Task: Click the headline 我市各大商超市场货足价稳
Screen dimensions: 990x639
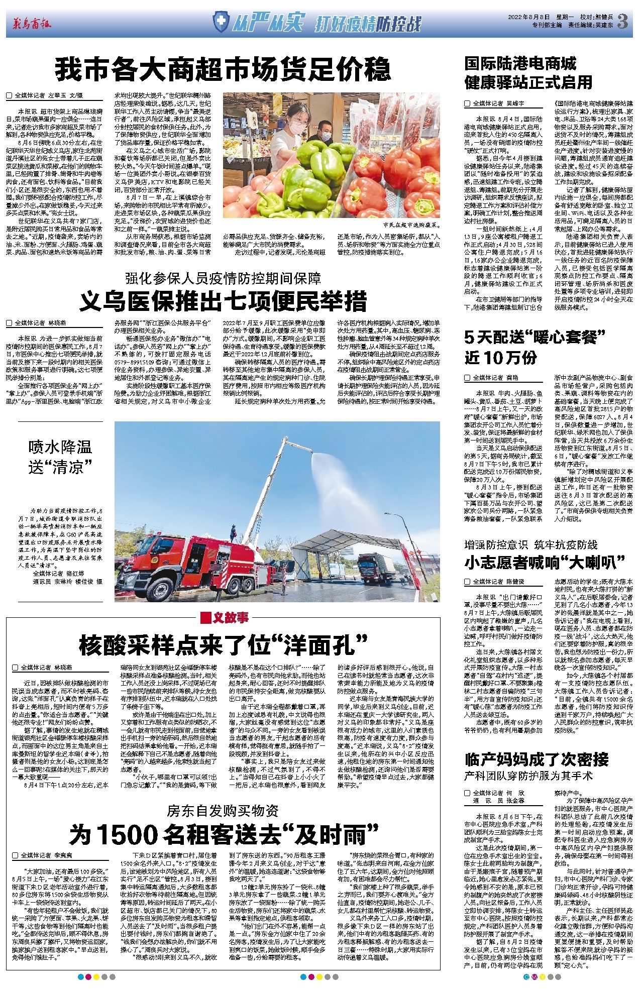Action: point(223,70)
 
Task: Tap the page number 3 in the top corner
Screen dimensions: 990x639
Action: point(623,21)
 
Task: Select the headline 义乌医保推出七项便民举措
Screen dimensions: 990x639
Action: point(223,301)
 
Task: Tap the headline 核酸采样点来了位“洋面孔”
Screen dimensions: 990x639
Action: point(223,645)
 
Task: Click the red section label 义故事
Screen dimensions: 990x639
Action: point(225,618)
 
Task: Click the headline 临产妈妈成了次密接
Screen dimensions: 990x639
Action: point(537,759)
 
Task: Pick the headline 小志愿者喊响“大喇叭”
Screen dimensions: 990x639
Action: point(544,563)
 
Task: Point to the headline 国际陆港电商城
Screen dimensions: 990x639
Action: point(520,64)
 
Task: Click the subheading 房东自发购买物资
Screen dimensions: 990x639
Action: point(223,810)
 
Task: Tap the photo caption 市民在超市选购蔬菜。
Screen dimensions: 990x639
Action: point(411,226)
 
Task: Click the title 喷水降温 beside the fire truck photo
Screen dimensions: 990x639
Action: point(60,447)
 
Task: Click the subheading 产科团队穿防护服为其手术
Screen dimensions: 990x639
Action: point(528,776)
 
